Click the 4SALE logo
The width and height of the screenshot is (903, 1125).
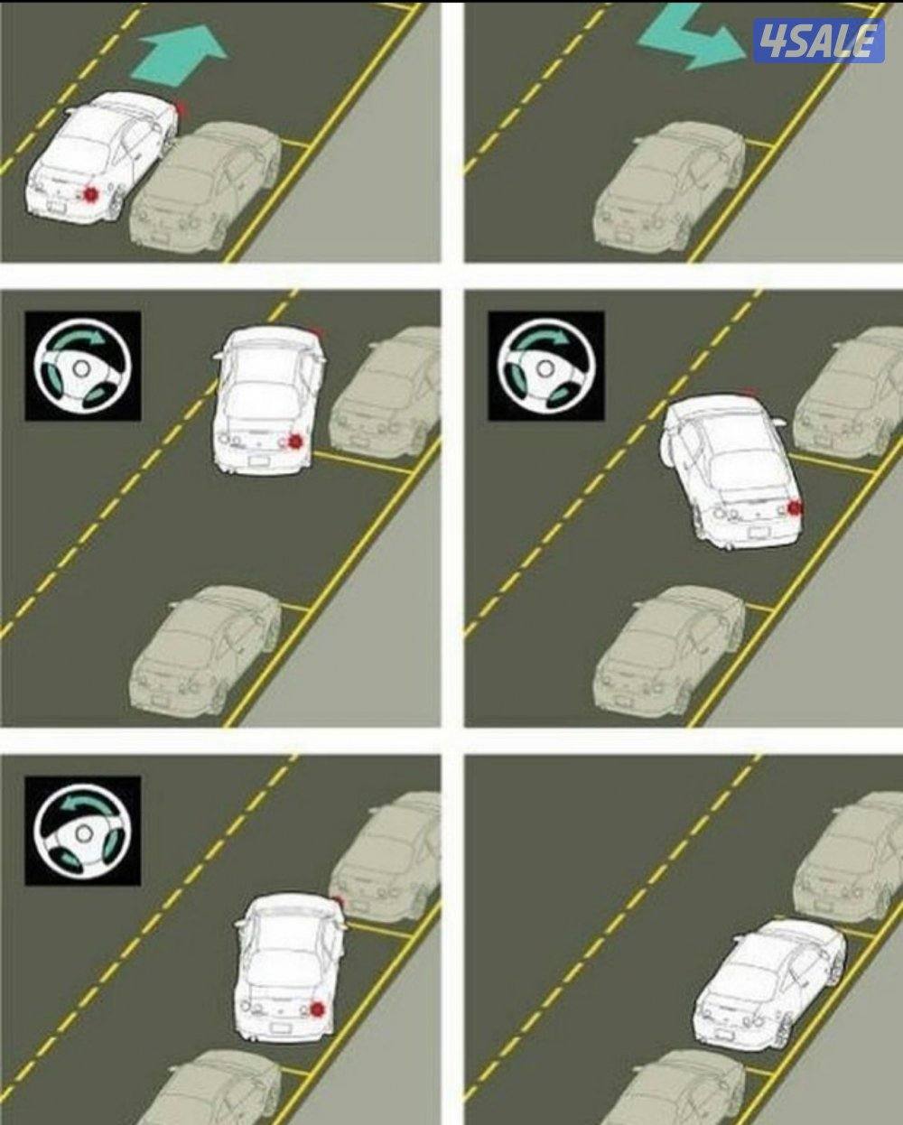[819, 42]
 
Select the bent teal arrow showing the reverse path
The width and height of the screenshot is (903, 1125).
[691, 38]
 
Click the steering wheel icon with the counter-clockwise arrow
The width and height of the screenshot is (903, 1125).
[82, 831]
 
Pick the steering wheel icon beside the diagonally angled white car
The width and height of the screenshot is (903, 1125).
[546, 366]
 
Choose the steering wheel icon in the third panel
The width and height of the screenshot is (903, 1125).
[82, 366]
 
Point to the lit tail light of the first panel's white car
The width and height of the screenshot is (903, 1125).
[92, 194]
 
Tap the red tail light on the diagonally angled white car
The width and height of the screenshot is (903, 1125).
[796, 507]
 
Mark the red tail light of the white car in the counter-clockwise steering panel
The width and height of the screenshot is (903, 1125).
[317, 965]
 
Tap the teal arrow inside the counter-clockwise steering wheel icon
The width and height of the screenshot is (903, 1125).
[83, 808]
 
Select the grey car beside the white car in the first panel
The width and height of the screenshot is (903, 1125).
[207, 187]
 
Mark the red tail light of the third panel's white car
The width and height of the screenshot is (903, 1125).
[295, 442]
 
